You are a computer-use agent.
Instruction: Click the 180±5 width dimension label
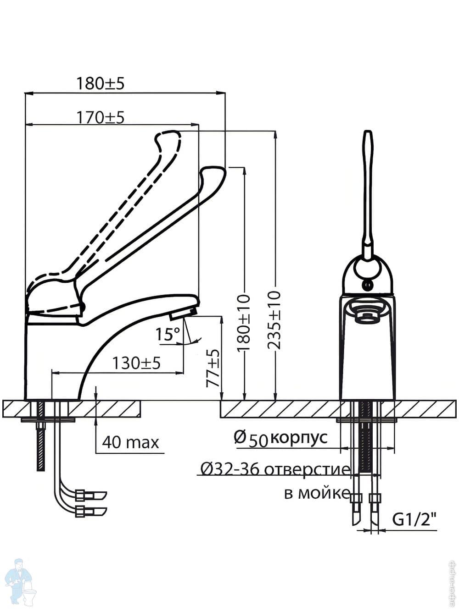[x=100, y=83]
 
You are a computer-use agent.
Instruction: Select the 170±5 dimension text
[x=100, y=117]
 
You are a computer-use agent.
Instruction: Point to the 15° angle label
[x=167, y=334]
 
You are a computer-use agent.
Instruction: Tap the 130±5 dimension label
[x=136, y=363]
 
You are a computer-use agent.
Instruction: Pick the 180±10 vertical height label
[x=244, y=323]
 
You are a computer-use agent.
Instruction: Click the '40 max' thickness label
[x=130, y=442]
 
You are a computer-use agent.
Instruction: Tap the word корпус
[x=299, y=437]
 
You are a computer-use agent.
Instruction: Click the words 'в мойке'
[x=316, y=494]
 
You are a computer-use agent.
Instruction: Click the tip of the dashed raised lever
[x=168, y=136]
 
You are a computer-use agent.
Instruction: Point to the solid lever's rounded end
[x=213, y=173]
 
